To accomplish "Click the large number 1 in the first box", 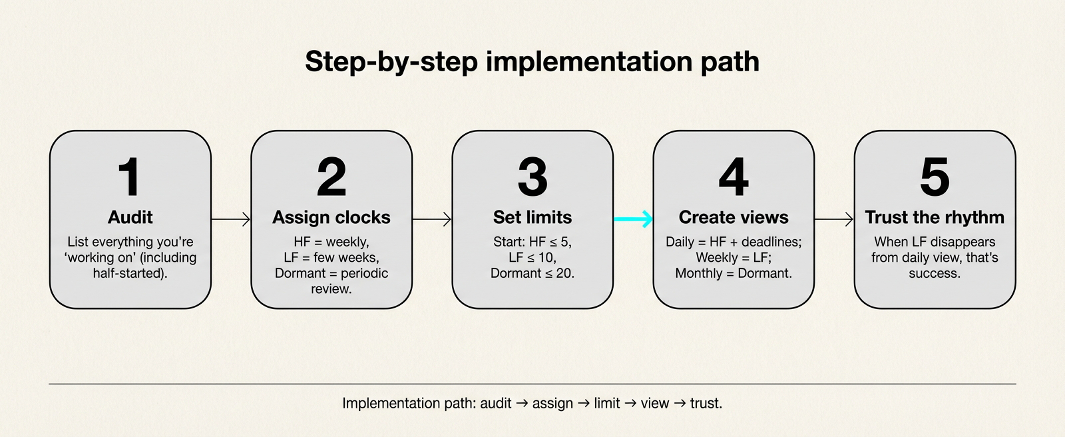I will click(x=129, y=177).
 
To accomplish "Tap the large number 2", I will click(x=331, y=177).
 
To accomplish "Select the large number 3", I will click(x=532, y=177).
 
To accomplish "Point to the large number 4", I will click(x=734, y=177).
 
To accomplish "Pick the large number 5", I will click(x=935, y=177).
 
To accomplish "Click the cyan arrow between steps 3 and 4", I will click(x=633, y=218).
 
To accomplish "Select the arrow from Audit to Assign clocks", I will click(x=231, y=218).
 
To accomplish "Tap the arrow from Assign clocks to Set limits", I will click(x=432, y=218).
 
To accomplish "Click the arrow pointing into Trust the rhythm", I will click(x=834, y=218).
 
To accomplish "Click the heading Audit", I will click(x=130, y=217).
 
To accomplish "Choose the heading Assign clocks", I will click(x=331, y=217).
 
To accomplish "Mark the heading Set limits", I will click(x=532, y=217).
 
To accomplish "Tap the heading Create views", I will click(x=734, y=217).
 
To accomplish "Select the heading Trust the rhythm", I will click(x=935, y=217).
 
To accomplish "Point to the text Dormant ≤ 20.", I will click(x=532, y=273).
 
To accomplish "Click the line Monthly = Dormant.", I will click(x=734, y=273).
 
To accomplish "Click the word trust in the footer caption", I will click(x=706, y=403).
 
